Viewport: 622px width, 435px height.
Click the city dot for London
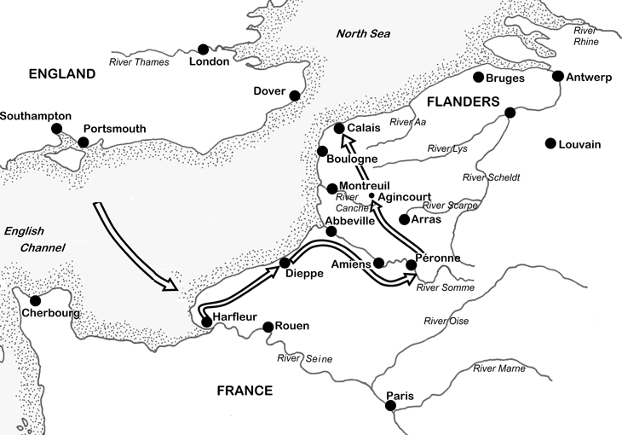click(203, 49)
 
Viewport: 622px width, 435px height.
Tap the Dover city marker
click(295, 96)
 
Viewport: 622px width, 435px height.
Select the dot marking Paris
click(390, 406)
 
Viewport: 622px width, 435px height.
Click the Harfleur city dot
click(205, 322)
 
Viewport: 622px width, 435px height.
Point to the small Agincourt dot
click(371, 195)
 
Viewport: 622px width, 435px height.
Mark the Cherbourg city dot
click(36, 300)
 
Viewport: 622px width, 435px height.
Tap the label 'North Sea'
click(362, 34)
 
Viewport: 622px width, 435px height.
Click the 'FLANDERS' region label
click(462, 101)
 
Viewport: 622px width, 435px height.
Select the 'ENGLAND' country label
click(61, 74)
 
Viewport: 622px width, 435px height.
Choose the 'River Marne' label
click(500, 368)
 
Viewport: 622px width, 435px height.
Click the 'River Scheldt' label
click(490, 177)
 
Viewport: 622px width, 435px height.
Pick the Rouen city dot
click(268, 327)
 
